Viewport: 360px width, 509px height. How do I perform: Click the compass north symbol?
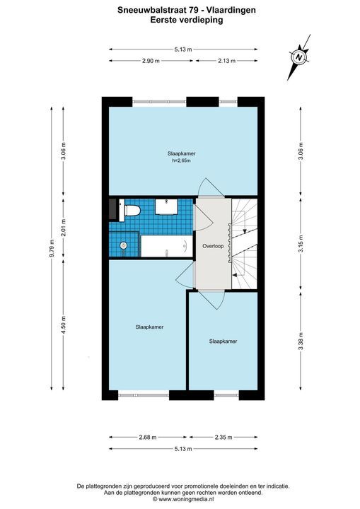[298, 57]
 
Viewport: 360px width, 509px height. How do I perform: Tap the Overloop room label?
[213, 246]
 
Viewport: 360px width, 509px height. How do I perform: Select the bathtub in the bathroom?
[166, 246]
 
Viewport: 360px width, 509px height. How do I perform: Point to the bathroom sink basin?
[166, 206]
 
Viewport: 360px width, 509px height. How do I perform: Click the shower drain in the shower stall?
[123, 245]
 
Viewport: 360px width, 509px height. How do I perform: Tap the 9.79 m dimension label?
[52, 248]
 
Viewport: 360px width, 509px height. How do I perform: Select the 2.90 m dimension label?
[151, 61]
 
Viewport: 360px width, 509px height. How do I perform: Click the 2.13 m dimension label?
[226, 61]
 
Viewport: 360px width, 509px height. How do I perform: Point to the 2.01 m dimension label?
[64, 227]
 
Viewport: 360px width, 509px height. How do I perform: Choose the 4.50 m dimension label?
[64, 324]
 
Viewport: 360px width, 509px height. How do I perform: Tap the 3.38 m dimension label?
[301, 341]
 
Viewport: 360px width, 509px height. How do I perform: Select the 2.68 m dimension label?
[148, 438]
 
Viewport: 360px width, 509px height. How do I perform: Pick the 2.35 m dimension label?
[223, 438]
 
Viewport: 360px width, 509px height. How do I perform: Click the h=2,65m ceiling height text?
[181, 160]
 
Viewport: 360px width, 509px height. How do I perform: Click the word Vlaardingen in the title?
[231, 11]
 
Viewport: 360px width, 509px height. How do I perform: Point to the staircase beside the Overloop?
[244, 243]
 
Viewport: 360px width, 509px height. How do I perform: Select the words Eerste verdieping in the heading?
[187, 20]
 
